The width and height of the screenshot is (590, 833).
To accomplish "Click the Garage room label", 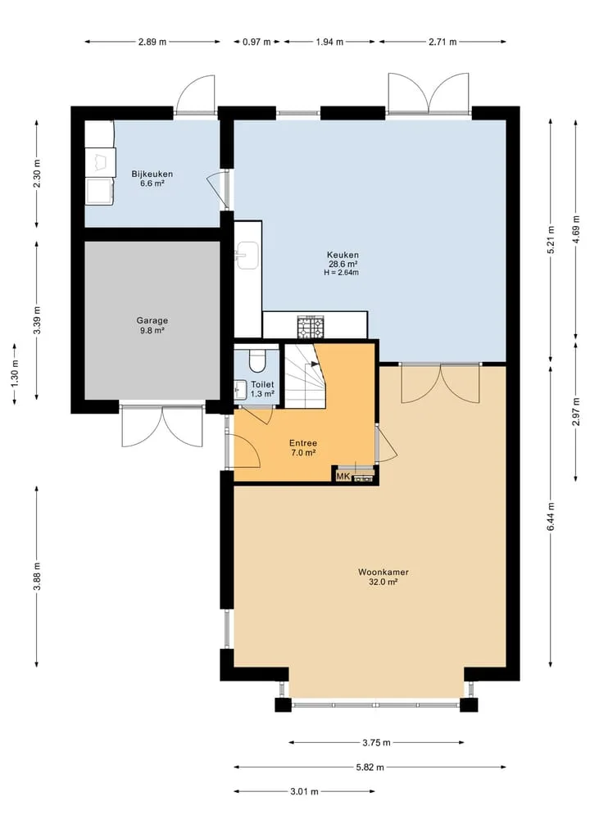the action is (152, 320).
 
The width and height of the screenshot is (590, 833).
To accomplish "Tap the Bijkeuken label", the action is (152, 174).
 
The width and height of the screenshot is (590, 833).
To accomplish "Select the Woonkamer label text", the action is (383, 573).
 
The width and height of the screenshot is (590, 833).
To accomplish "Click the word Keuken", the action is (343, 255).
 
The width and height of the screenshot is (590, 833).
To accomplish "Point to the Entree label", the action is (303, 443).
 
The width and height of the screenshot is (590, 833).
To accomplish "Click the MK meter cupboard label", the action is (343, 477).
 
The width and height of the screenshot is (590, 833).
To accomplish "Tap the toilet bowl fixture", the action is (257, 360).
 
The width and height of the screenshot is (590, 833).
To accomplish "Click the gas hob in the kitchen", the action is (311, 327).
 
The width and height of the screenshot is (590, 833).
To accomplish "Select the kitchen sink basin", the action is (247, 255).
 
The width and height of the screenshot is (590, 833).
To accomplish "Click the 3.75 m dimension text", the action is (376, 743).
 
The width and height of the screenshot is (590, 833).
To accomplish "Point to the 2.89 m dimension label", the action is (152, 42).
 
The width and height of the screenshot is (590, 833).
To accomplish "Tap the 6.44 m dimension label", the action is (551, 516).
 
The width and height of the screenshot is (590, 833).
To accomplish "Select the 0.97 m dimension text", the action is (256, 42).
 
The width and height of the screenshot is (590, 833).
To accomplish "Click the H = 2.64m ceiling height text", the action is (341, 273).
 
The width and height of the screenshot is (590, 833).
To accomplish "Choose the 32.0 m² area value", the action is (383, 582).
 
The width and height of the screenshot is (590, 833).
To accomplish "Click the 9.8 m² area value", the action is (152, 330).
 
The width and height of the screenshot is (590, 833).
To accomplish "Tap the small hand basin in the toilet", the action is (240, 388).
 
